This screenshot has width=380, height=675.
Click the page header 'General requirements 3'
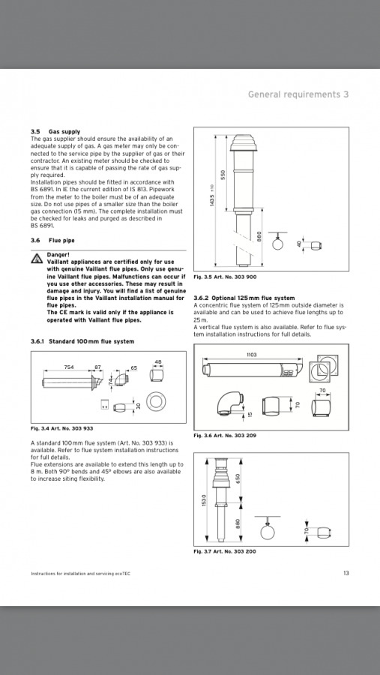[298, 94]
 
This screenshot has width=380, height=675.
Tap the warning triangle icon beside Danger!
[36, 258]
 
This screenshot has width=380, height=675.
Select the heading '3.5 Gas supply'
[55, 132]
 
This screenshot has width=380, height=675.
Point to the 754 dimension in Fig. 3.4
[69, 367]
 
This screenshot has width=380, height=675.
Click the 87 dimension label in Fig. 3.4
[97, 367]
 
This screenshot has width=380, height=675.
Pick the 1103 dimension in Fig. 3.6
[252, 355]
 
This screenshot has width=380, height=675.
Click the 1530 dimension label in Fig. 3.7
[204, 501]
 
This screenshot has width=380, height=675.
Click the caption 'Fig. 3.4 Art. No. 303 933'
[62, 428]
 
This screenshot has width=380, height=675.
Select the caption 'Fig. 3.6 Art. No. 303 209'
[225, 436]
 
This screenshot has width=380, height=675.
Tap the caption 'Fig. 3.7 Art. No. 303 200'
[225, 551]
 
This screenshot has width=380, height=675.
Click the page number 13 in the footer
[346, 573]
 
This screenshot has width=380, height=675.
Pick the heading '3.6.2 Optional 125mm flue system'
[244, 298]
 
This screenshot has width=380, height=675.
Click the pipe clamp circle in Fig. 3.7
[268, 532]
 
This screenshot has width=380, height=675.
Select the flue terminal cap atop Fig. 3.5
[246, 143]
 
